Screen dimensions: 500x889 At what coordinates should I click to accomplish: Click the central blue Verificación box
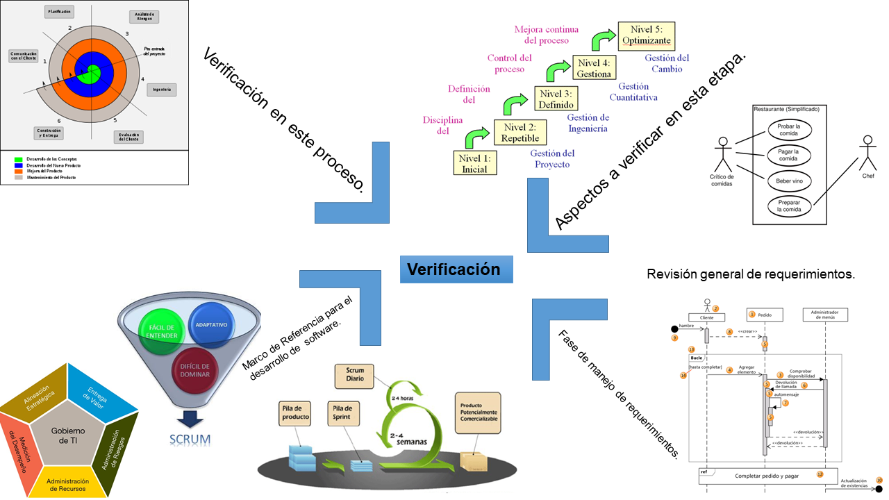[456, 269]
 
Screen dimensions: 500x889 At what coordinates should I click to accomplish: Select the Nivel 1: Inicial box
[474, 163]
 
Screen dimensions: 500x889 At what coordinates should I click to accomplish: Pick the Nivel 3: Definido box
[556, 99]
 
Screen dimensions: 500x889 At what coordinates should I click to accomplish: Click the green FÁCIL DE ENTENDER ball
[160, 331]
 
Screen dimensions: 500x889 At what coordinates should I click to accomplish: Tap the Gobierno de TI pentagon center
[68, 436]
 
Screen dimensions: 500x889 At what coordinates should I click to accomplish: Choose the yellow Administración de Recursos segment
[67, 485]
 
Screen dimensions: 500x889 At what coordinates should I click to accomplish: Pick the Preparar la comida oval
[789, 205]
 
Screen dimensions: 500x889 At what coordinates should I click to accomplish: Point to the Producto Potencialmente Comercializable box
[478, 412]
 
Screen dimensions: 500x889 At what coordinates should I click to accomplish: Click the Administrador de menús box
[825, 314]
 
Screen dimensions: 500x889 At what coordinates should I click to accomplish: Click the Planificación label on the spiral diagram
[59, 12]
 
